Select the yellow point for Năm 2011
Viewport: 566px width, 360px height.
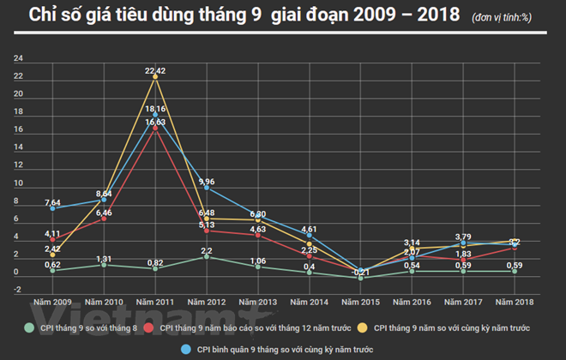click(x=154, y=77)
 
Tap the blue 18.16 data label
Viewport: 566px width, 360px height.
click(x=155, y=109)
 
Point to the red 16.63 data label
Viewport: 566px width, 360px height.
click(x=155, y=123)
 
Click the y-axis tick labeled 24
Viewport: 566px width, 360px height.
click(x=18, y=59)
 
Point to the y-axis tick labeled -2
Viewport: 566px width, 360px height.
click(x=18, y=290)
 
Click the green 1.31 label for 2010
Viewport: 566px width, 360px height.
click(x=103, y=259)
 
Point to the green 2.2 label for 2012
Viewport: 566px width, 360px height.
click(x=207, y=251)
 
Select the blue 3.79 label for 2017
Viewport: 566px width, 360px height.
click(x=463, y=237)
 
